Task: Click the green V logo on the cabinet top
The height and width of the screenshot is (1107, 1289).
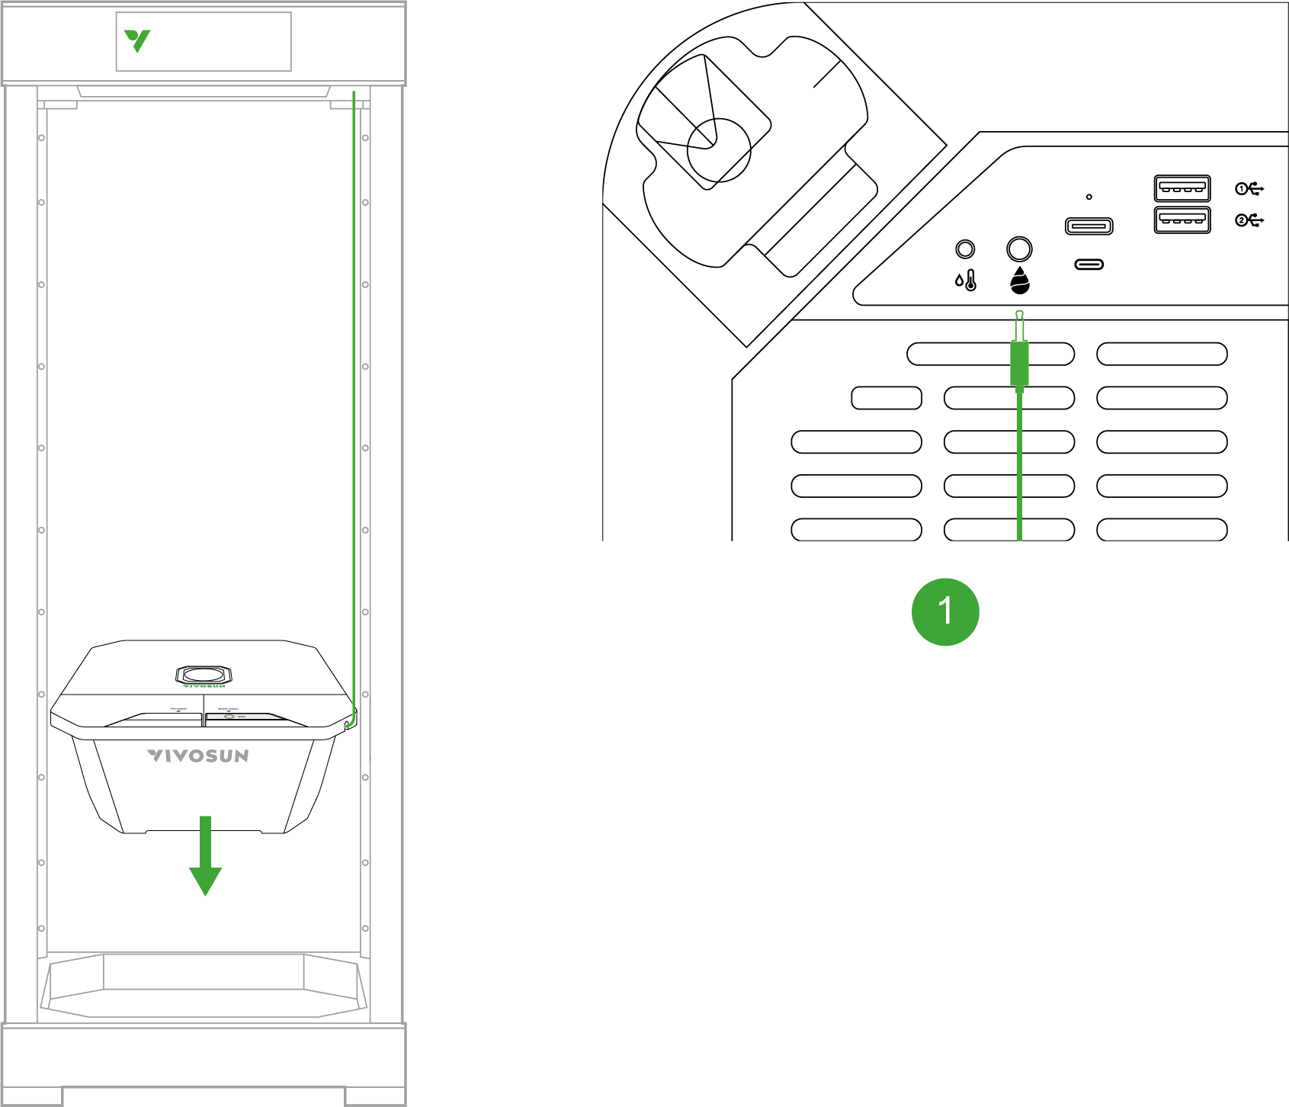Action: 137,40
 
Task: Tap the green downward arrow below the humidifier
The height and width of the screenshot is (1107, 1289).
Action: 205,858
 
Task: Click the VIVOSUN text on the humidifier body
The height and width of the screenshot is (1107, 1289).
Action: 198,756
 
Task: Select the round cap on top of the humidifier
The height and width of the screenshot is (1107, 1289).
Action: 204,675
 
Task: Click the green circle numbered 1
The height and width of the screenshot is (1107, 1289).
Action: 945,611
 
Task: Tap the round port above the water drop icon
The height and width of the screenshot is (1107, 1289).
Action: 1019,249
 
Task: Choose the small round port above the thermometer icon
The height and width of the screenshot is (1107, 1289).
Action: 965,249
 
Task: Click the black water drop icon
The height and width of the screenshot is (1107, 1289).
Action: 1019,281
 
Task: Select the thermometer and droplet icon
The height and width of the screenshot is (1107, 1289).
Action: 966,281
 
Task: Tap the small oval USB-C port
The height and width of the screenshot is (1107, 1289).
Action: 1089,265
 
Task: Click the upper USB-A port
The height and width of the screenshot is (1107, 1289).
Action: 1182,188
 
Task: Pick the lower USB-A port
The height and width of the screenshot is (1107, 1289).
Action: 1182,220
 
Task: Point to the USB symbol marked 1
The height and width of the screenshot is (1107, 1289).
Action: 1249,188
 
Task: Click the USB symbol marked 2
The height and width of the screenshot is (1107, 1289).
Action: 1249,220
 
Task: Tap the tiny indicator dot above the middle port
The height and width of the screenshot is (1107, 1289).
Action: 1089,197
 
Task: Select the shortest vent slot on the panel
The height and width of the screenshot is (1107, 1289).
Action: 886,398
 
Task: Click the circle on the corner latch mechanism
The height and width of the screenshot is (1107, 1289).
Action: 718,150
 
